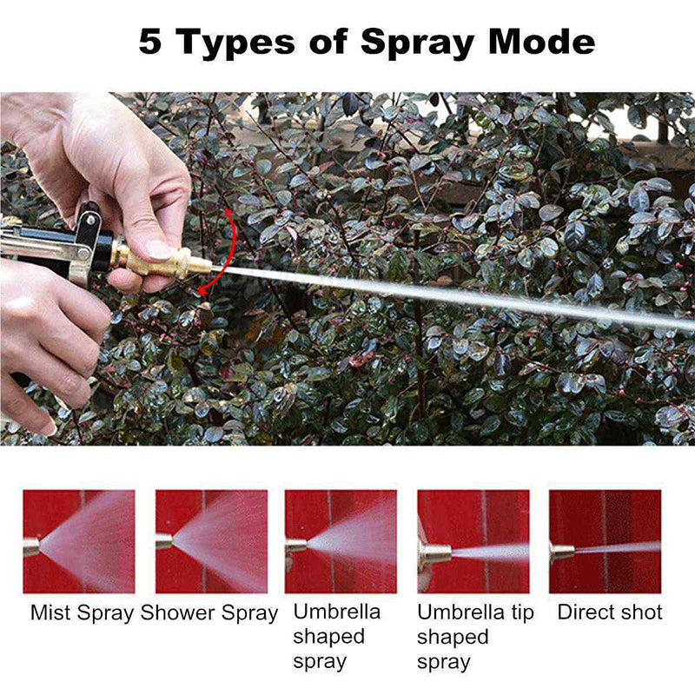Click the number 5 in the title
(x=150, y=42)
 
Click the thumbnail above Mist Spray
(x=79, y=541)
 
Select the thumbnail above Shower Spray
(x=211, y=541)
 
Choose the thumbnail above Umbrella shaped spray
(x=341, y=541)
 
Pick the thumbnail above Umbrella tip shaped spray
(x=473, y=541)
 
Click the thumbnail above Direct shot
(x=605, y=541)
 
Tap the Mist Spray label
(x=82, y=612)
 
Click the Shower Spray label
(x=209, y=612)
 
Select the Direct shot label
(x=609, y=612)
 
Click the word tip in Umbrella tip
(x=519, y=612)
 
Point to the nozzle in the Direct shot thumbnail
(x=561, y=551)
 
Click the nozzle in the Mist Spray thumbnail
(x=30, y=547)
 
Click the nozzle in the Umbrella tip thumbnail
(x=434, y=553)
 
